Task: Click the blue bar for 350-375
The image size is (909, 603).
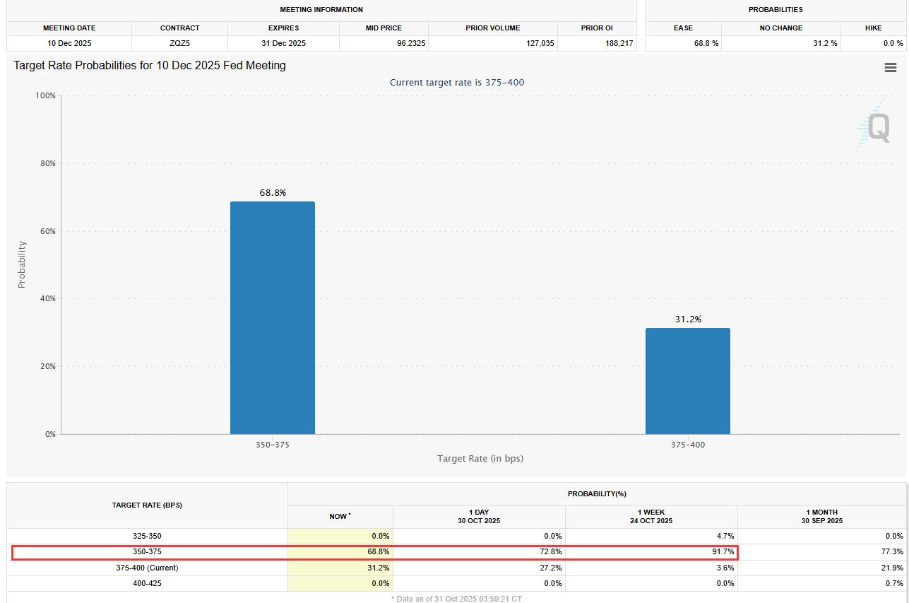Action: pyautogui.click(x=272, y=318)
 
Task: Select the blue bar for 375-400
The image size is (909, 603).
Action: pyautogui.click(x=687, y=381)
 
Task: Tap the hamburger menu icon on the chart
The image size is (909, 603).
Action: pyautogui.click(x=890, y=68)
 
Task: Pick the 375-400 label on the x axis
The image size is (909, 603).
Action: pyautogui.click(x=687, y=445)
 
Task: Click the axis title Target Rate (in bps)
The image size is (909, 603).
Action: pyautogui.click(x=480, y=458)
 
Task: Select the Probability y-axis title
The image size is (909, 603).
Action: pyautogui.click(x=21, y=264)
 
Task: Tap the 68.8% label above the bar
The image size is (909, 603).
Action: pyautogui.click(x=273, y=192)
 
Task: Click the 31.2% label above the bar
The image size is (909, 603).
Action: pyautogui.click(x=688, y=319)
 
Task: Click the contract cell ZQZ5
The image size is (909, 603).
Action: pyautogui.click(x=179, y=43)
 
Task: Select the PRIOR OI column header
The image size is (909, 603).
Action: pyautogui.click(x=597, y=28)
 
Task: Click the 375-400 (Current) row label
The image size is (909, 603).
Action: pyautogui.click(x=147, y=568)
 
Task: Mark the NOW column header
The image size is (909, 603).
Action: pyautogui.click(x=340, y=517)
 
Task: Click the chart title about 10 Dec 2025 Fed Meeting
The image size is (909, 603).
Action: pyautogui.click(x=150, y=66)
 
